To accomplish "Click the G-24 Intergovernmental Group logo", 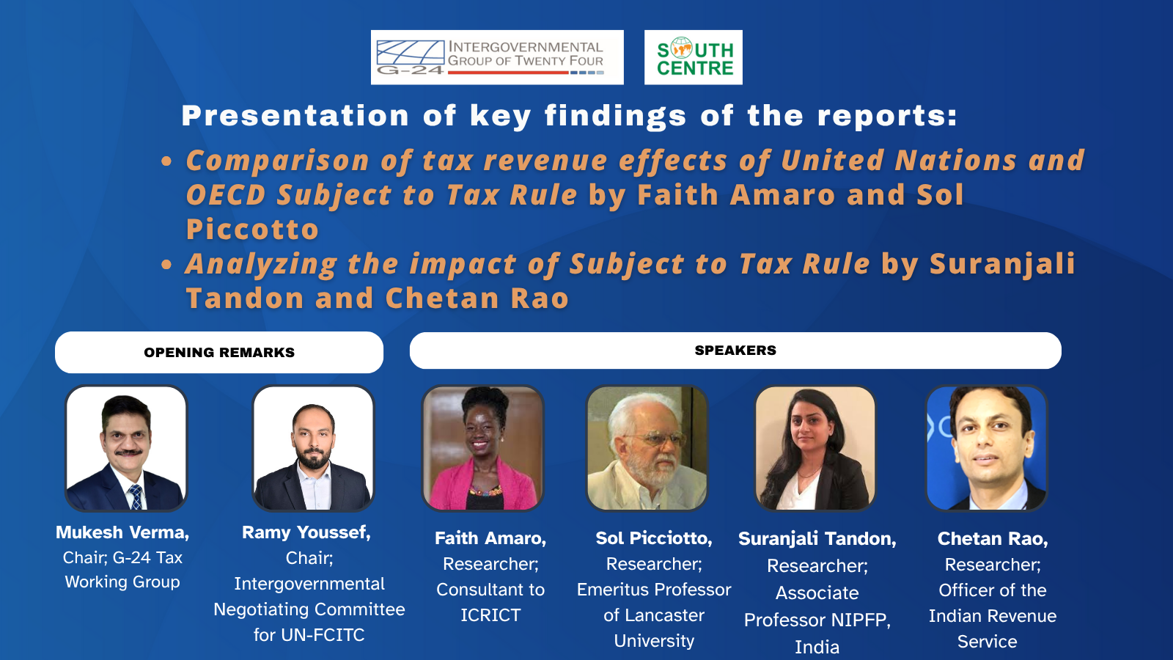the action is [497, 57].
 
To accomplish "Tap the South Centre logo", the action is [694, 57].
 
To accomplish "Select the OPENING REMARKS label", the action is [219, 353].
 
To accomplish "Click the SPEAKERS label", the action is [735, 351].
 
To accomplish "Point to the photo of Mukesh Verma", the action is [126, 448].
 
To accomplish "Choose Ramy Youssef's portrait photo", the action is [313, 448].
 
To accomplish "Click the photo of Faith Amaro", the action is [483, 448].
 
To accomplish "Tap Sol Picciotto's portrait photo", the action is [647, 448].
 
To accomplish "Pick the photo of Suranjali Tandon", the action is [815, 448].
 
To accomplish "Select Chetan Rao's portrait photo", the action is [987, 448].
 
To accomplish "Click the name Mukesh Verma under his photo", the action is [122, 532].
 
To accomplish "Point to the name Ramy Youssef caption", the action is [306, 532].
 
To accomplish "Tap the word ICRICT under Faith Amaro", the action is [490, 615].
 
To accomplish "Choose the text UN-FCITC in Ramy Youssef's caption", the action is [323, 635].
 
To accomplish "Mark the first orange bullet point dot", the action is [166, 161].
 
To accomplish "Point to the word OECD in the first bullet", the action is [226, 195].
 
